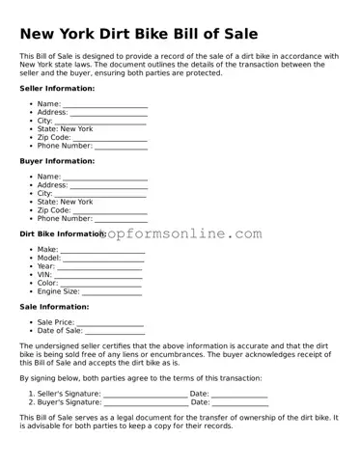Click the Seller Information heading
[57, 88]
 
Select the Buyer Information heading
[57, 160]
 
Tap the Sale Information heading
[54, 307]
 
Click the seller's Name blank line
[105, 103]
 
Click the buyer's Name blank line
[105, 177]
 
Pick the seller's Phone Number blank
[121, 146]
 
